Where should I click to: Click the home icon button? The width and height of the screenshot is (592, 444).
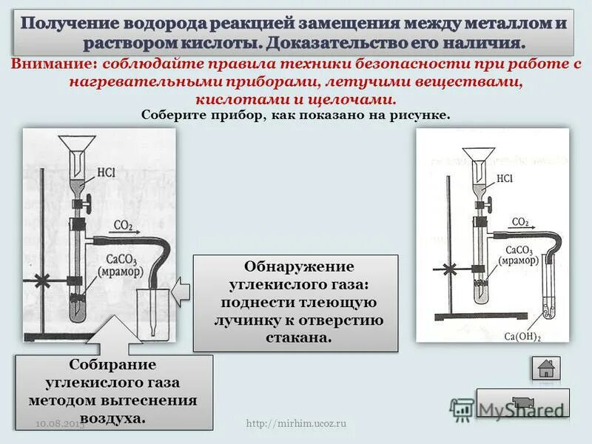(x=546, y=367)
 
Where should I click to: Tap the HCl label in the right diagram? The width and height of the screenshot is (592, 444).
(x=505, y=178)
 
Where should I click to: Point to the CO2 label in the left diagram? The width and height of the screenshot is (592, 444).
(x=124, y=225)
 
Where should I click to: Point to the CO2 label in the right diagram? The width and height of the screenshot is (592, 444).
(x=520, y=221)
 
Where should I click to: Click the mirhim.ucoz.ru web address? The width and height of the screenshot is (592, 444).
(x=296, y=423)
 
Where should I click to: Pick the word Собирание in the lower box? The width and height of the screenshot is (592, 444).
(x=112, y=366)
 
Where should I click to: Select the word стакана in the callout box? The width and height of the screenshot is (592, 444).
(x=295, y=337)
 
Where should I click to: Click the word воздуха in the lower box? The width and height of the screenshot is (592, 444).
(x=112, y=418)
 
